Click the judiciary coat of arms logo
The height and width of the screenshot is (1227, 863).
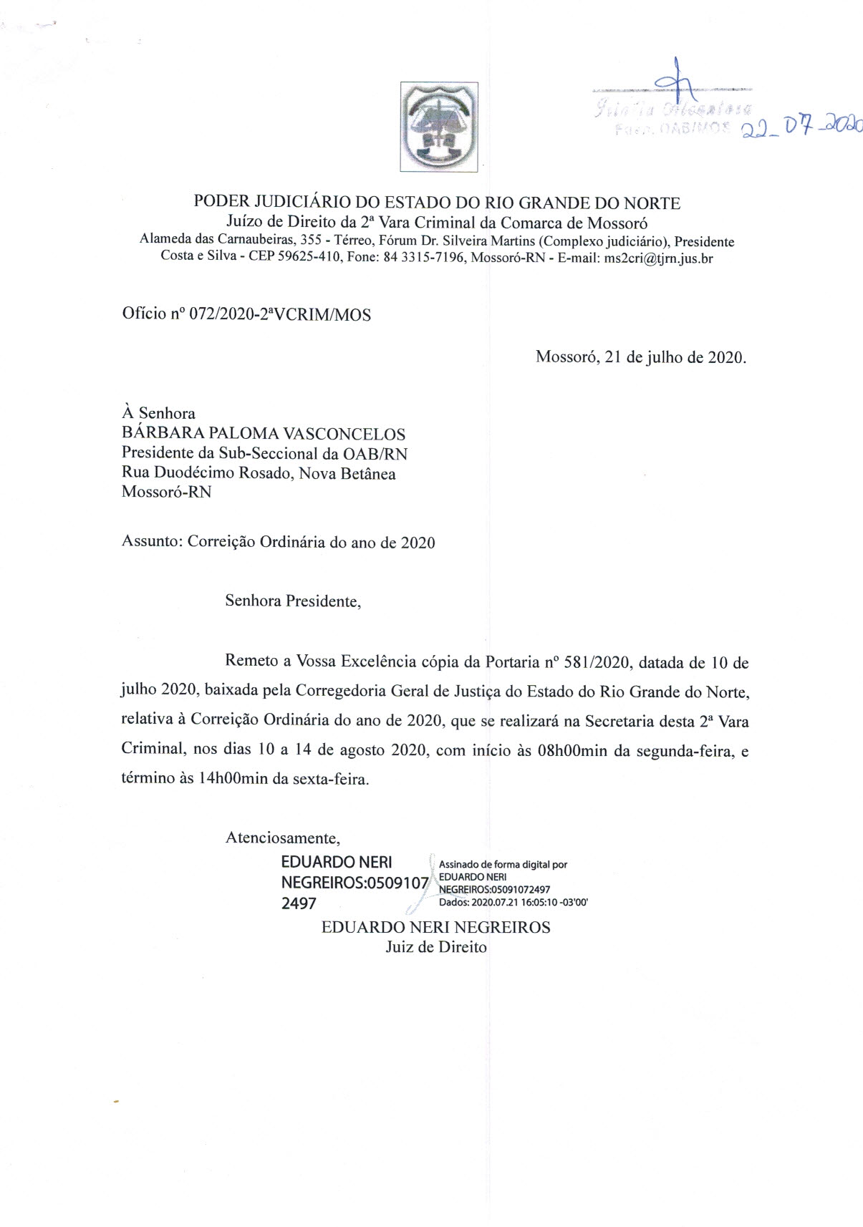point(439,127)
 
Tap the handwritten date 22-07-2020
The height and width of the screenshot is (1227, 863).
point(801,127)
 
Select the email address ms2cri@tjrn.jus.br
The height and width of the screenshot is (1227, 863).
point(658,258)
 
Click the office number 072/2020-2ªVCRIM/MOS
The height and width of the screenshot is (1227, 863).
point(279,314)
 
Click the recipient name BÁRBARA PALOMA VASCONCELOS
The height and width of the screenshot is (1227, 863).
point(264,434)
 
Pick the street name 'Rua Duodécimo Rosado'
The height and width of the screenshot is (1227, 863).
point(206,473)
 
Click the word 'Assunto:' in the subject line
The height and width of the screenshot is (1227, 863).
point(152,542)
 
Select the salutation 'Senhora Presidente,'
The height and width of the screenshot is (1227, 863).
point(293,601)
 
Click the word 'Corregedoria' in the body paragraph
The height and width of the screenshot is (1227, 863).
point(341,692)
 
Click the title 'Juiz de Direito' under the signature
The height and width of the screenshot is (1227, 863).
point(436,947)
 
